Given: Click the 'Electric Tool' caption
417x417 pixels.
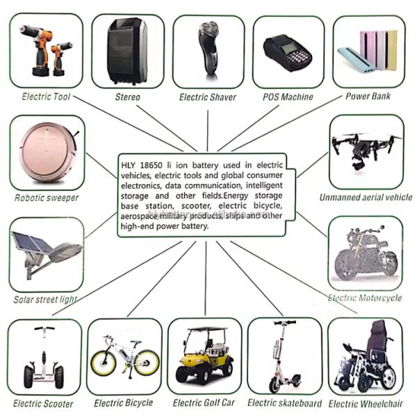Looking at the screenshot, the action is click(x=46, y=97).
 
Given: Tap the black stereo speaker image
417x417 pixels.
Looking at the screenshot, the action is click(x=127, y=51).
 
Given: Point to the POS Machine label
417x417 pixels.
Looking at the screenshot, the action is click(x=288, y=97).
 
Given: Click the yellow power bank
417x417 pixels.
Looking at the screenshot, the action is click(x=391, y=50).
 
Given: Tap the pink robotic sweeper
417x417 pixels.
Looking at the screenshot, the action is click(x=48, y=153).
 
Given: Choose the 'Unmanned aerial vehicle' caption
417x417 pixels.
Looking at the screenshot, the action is click(x=366, y=197).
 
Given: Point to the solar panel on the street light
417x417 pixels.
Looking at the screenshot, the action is click(x=31, y=243).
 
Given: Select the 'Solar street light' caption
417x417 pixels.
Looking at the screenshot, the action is click(x=45, y=300).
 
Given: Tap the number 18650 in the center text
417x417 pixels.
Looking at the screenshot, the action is click(x=151, y=165).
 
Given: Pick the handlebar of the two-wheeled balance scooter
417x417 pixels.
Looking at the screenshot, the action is click(x=44, y=329).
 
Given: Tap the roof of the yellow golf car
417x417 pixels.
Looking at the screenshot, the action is click(x=207, y=329).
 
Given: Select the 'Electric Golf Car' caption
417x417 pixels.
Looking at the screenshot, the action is click(x=204, y=402).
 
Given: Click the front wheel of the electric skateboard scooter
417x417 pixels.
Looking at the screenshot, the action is click(x=275, y=385).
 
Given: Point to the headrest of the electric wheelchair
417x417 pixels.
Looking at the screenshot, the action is click(x=379, y=327).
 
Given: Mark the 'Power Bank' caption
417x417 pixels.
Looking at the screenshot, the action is click(x=368, y=96).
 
